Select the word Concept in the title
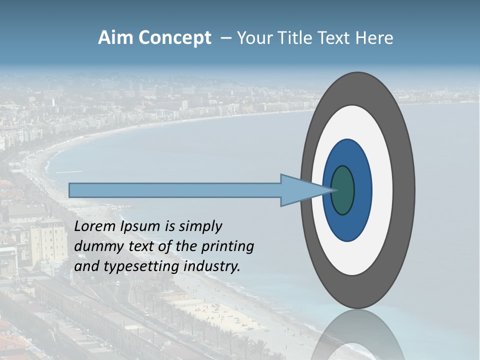click(x=174, y=38)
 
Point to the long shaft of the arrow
click(x=175, y=190)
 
